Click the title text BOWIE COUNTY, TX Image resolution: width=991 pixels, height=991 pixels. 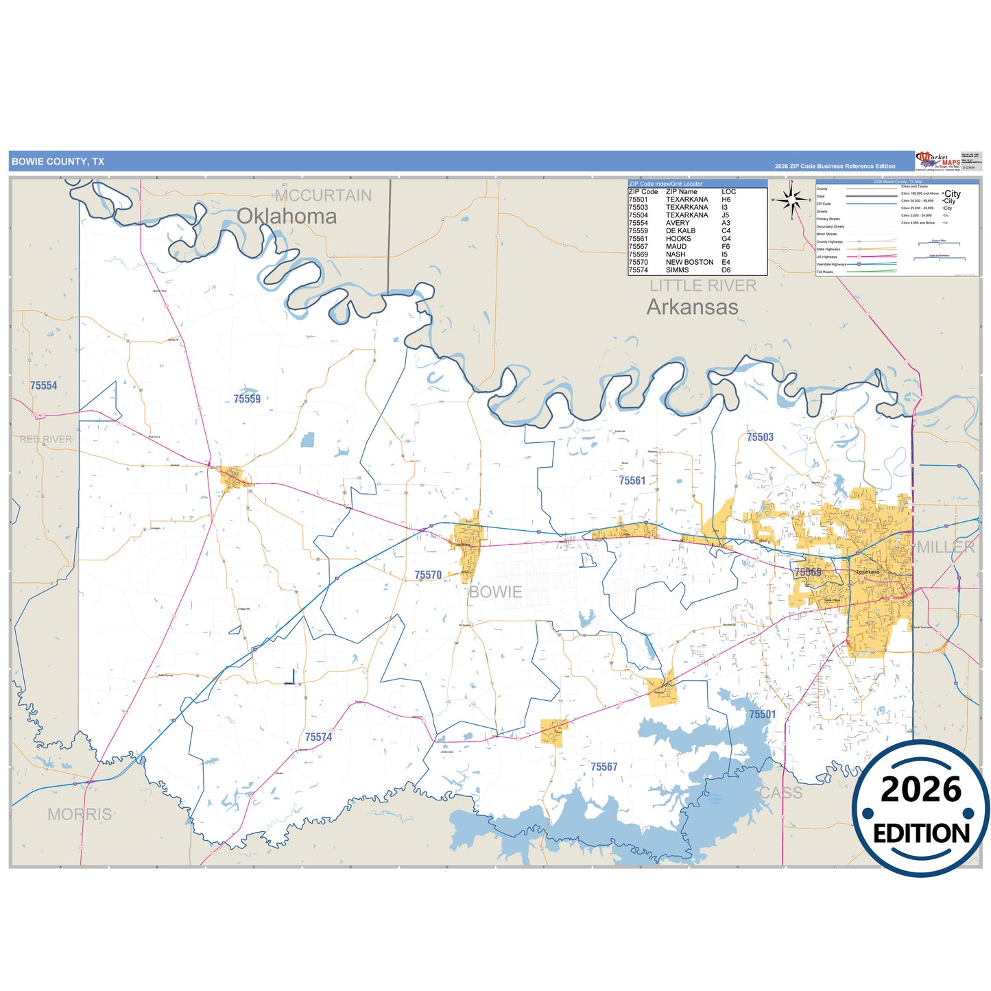click(x=58, y=162)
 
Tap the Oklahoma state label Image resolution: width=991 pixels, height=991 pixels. click(x=287, y=216)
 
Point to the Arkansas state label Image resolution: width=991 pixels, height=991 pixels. click(x=692, y=307)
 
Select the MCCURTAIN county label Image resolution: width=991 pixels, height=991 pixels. click(x=323, y=195)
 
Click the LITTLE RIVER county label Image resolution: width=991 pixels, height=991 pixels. click(x=703, y=286)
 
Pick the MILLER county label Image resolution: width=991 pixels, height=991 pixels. click(x=946, y=547)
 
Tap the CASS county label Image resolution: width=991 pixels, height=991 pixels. click(x=780, y=793)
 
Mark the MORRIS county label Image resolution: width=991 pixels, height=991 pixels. click(x=80, y=814)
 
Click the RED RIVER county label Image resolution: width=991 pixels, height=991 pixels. click(x=45, y=439)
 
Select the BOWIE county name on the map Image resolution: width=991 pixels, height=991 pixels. click(x=495, y=592)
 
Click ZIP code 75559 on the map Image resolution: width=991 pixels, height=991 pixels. click(x=247, y=398)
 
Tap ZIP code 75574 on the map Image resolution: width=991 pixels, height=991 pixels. click(x=318, y=737)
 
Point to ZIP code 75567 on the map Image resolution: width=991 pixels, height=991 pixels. click(x=604, y=767)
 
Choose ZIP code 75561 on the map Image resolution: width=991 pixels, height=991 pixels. click(x=632, y=481)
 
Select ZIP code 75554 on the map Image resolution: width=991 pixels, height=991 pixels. click(x=44, y=385)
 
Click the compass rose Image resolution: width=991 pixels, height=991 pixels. click(x=791, y=200)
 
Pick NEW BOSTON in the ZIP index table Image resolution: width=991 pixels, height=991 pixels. click(x=689, y=262)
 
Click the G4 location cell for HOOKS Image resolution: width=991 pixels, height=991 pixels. click(x=726, y=239)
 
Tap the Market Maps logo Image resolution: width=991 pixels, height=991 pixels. click(x=938, y=161)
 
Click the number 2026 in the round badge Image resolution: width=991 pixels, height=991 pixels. click(x=920, y=789)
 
